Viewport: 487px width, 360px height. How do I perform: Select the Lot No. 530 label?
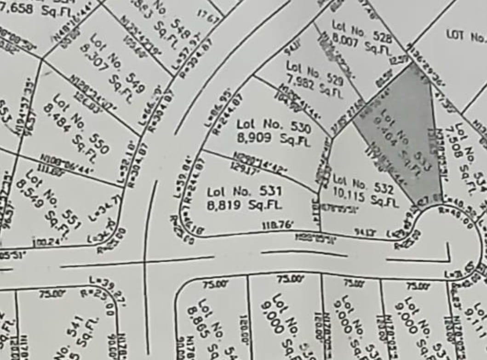(274, 125)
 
